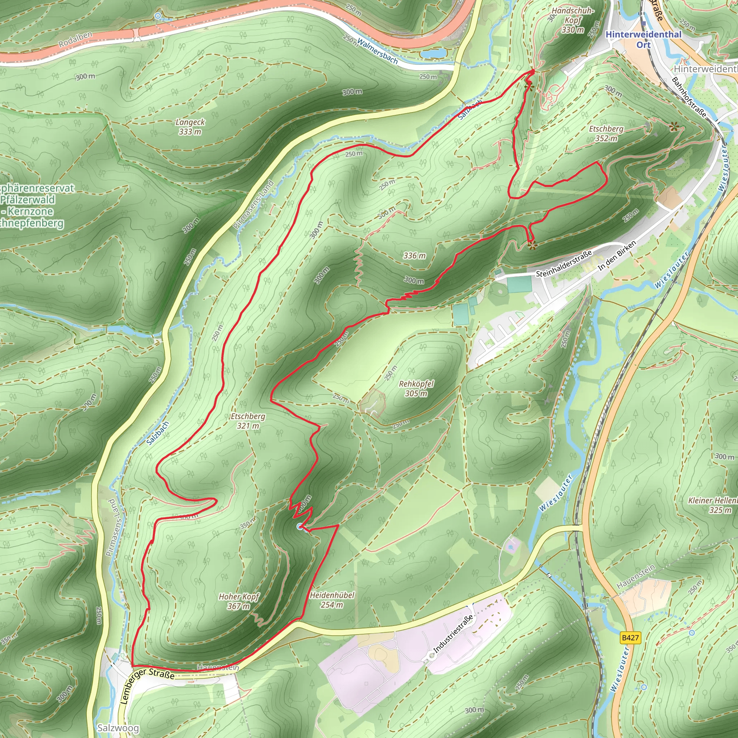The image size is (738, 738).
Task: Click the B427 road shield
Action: [x=630, y=637]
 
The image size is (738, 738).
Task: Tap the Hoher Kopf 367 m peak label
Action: [x=239, y=601]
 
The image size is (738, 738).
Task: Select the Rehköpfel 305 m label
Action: [x=416, y=388]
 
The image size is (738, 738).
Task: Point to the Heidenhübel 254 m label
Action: [x=332, y=600]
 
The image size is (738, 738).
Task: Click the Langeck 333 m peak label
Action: [x=190, y=127]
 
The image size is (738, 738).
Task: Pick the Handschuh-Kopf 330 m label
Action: [x=573, y=20]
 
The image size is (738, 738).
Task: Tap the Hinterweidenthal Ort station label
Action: [x=643, y=39]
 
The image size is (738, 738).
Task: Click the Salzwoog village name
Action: [x=118, y=728]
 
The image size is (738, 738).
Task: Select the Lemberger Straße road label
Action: [x=147, y=686]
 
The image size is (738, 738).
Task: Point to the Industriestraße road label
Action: [x=453, y=634]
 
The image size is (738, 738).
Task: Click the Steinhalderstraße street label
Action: [x=564, y=263]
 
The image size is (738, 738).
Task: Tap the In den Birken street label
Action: [x=617, y=255]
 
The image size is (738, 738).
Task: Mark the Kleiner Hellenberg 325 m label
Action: [x=712, y=505]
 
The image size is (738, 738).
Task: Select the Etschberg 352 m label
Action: [x=606, y=134]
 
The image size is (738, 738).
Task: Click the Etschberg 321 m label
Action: [x=248, y=421]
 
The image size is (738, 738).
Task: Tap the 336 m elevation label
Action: [x=414, y=255]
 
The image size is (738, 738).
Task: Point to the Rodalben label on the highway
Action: [x=75, y=39]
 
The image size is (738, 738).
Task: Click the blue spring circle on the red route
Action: [x=299, y=527]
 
